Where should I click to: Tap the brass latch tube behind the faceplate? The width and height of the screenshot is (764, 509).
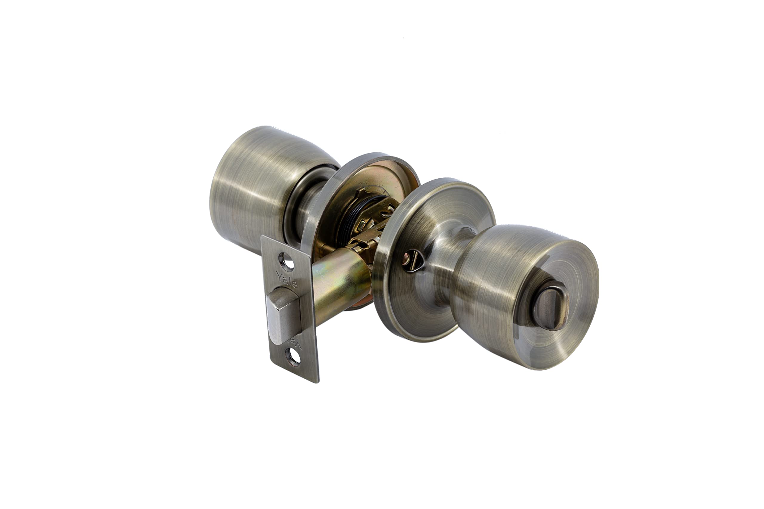click(338, 286)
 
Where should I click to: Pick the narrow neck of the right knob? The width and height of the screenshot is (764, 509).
click(452, 256)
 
